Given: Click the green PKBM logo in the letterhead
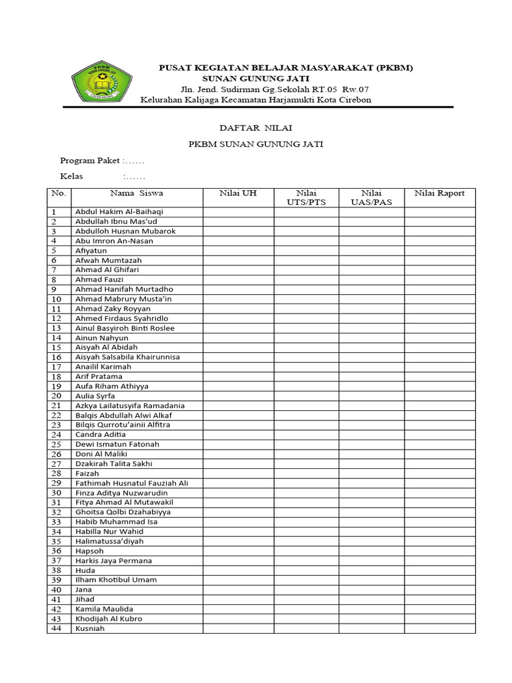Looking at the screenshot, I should click(101, 81).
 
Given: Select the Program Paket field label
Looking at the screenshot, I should click(90, 161).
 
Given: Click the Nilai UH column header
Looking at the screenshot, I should click(238, 193).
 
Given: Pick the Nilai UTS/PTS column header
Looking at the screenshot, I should click(306, 197).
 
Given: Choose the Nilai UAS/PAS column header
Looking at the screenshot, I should click(371, 197).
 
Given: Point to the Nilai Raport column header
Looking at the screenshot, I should click(439, 193).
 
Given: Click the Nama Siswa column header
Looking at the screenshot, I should click(137, 193).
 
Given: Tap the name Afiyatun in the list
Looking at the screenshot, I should click(91, 251).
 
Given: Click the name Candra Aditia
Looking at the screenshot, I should click(101, 434).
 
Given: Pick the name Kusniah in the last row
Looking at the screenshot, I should click(90, 628).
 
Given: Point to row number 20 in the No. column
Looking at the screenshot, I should click(57, 396).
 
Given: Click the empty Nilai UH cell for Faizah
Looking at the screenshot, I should click(238, 473).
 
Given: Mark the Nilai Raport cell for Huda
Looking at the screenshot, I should click(439, 570).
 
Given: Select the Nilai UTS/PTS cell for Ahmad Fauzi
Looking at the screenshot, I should click(306, 279).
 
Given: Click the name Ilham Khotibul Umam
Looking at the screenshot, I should click(116, 580).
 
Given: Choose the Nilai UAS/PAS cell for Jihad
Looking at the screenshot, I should click(371, 599).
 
